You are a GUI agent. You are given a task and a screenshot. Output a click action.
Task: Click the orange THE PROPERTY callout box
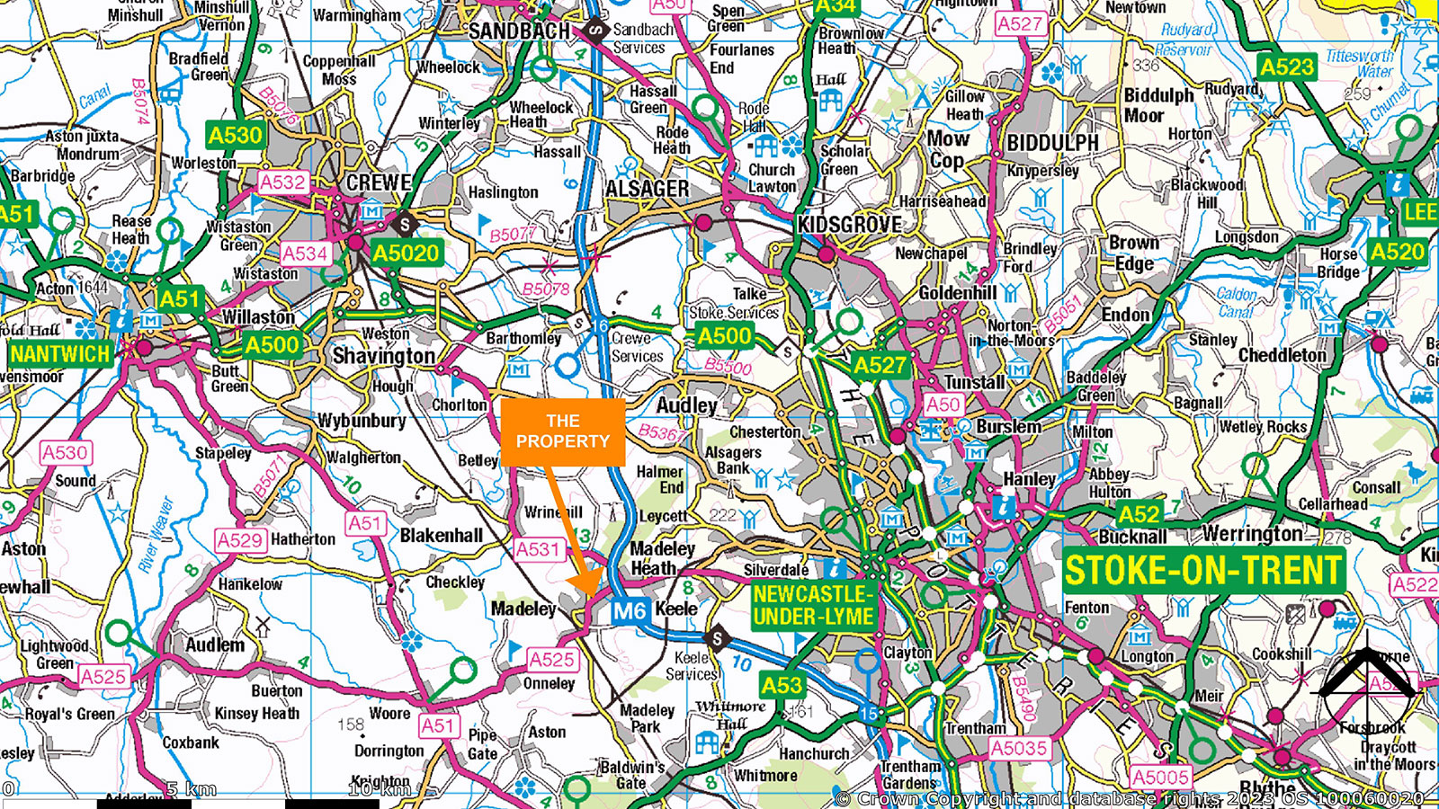pyautogui.click(x=563, y=431)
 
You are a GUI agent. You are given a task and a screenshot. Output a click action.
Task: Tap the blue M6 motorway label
pyautogui.click(x=630, y=612)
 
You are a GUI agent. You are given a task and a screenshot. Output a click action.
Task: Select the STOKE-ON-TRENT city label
pyautogui.click(x=1202, y=571)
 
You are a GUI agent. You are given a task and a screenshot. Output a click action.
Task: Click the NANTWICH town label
pyautogui.click(x=59, y=353)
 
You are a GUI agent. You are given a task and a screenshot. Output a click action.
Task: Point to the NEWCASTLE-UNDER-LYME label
pyautogui.click(x=813, y=605)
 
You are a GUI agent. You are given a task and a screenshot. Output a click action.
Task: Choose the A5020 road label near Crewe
pyautogui.click(x=406, y=253)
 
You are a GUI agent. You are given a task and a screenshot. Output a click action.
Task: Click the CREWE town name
pyautogui.click(x=379, y=182)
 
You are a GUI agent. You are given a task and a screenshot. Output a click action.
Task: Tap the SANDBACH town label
pyautogui.click(x=519, y=31)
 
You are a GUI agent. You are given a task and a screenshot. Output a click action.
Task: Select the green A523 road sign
pyautogui.click(x=1286, y=67)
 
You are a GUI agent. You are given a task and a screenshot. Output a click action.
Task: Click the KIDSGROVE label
pyautogui.click(x=849, y=225)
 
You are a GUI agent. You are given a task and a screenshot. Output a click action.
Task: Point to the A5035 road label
pyautogui.click(x=1019, y=748)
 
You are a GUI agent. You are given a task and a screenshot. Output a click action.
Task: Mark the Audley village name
pyautogui.click(x=686, y=405)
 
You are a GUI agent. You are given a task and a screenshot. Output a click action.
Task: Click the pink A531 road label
pyautogui.click(x=538, y=549)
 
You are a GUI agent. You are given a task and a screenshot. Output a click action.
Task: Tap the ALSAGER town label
pyautogui.click(x=647, y=190)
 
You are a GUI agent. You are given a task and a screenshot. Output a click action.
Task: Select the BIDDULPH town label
pyautogui.click(x=1052, y=143)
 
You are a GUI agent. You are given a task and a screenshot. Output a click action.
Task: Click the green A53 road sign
pyautogui.click(x=781, y=686)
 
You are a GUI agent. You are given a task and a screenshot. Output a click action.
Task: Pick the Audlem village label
pyautogui.click(x=215, y=645)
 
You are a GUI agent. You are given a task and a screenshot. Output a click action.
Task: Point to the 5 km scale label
pyautogui.click(x=192, y=790)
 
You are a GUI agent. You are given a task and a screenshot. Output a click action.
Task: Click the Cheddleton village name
pyautogui.click(x=1282, y=355)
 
